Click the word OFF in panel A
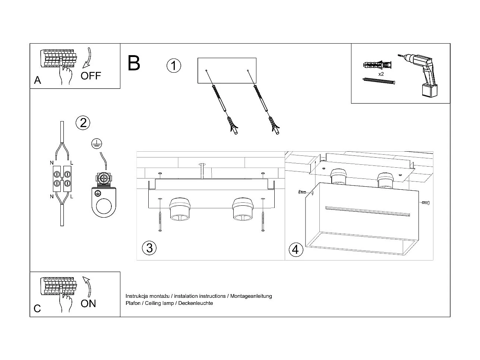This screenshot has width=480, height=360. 91,76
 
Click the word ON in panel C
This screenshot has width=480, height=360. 88,303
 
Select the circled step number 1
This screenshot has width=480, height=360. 173,66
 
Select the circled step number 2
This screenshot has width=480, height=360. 83,122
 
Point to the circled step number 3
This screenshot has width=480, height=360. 149,248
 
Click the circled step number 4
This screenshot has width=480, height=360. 296,249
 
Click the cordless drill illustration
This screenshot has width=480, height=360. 419,75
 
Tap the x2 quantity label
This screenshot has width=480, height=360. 381,74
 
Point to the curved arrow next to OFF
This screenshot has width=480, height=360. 88,57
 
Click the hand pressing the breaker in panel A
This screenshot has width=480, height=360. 66,74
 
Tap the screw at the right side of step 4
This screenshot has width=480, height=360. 426,203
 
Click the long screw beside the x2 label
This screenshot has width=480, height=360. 379,80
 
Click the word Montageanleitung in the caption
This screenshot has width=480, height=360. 251,296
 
